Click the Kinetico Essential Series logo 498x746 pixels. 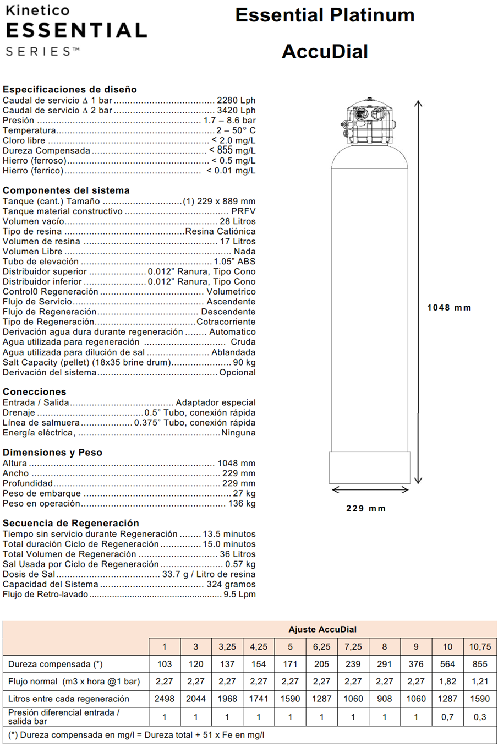coord(76,30)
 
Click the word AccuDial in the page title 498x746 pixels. coord(325,51)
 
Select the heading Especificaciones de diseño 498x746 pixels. coord(70,89)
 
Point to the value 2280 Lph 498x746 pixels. coord(236,100)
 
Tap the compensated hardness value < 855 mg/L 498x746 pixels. coord(232,150)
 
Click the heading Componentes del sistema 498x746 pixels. coord(66,190)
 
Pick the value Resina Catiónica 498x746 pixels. coord(220,231)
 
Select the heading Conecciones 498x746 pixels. coord(34,391)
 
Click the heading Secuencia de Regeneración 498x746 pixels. coord(71,523)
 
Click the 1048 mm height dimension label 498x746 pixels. coord(449,308)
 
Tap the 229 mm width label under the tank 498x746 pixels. coord(366,508)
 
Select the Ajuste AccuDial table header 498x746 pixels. coord(322,629)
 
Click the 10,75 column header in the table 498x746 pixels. coord(480,647)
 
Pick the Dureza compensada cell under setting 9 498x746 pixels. coord(416,664)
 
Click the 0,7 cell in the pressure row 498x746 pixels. coord(447,717)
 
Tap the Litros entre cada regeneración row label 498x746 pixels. coord(69,699)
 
